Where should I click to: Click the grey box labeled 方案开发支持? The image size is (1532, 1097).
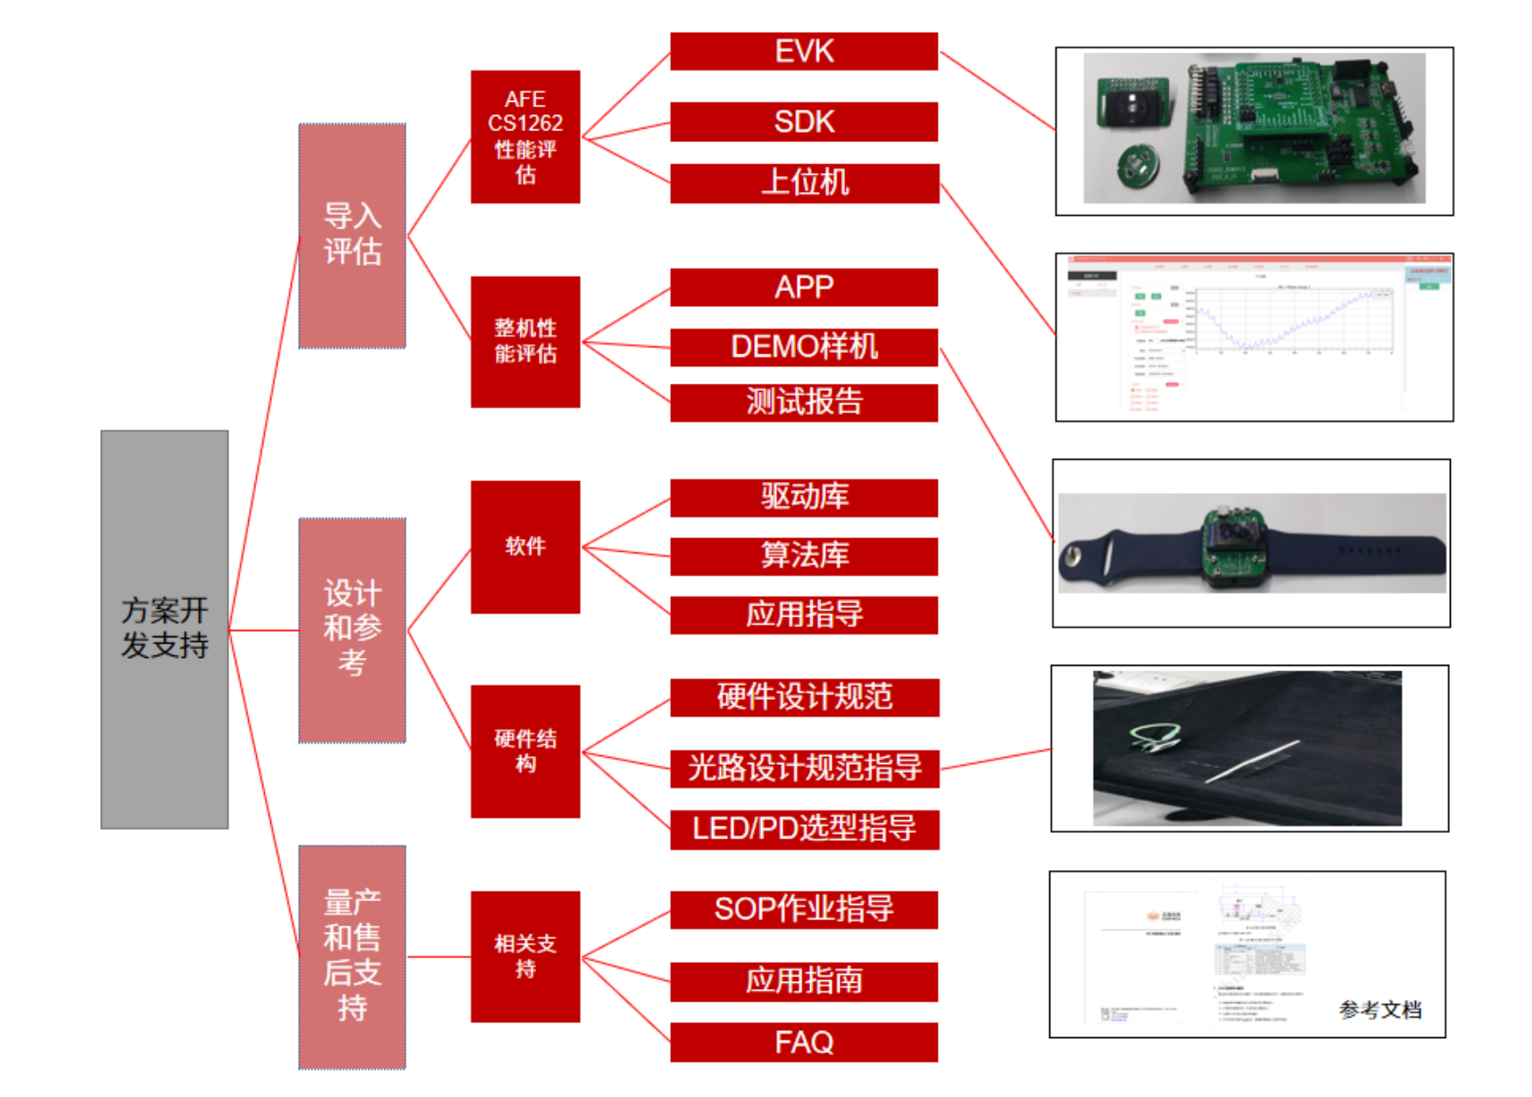click(164, 629)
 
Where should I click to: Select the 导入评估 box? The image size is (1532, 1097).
click(352, 236)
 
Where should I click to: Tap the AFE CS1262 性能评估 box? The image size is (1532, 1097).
click(525, 137)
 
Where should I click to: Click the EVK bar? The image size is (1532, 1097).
click(803, 51)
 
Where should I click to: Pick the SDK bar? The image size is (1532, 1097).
click(803, 121)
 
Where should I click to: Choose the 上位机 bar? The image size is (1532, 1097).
click(803, 183)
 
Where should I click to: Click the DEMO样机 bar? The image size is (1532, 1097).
click(803, 347)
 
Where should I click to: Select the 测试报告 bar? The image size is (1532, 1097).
click(803, 403)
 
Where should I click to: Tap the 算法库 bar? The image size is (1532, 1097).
click(803, 556)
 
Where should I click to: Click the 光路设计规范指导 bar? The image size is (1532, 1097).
click(803, 769)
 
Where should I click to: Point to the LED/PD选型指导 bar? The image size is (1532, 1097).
click(803, 829)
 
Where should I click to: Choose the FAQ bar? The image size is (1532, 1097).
click(803, 1043)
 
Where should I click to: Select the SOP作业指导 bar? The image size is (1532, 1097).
click(803, 910)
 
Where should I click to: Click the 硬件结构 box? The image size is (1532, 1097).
click(525, 751)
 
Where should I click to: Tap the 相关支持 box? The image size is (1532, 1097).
click(525, 956)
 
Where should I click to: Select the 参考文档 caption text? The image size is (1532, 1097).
click(1379, 1010)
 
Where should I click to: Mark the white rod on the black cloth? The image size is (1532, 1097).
click(1251, 761)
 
